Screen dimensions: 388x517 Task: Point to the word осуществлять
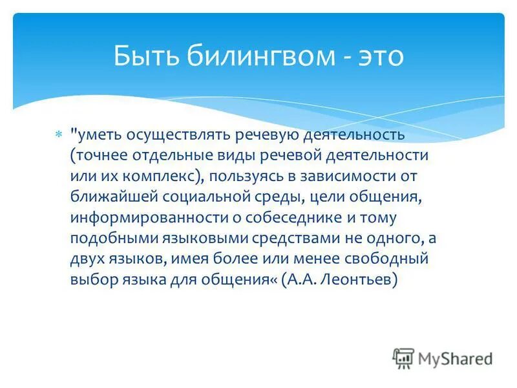click(180, 135)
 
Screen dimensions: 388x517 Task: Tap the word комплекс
click(158, 177)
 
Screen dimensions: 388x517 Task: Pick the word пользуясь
click(245, 177)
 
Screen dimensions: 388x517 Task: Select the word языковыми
click(213, 238)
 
